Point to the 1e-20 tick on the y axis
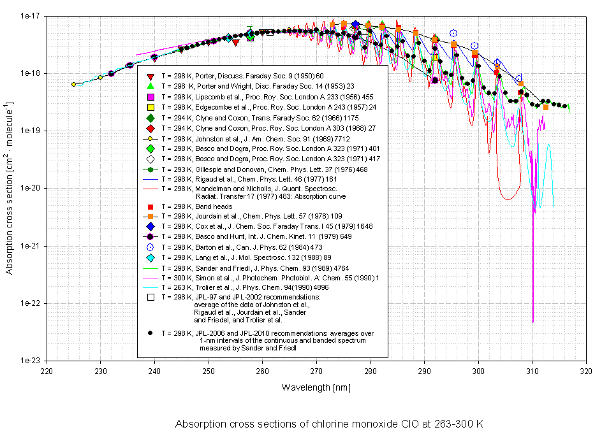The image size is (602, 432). point(29,189)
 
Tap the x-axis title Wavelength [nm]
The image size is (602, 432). point(316,387)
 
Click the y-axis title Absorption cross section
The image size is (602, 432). point(9,189)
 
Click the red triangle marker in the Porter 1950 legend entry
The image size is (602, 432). point(150,76)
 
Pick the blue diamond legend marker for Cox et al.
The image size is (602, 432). point(150,226)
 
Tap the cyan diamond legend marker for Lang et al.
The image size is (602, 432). point(150,257)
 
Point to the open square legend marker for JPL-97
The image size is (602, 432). point(150,297)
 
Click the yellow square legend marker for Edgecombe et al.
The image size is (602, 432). point(150,107)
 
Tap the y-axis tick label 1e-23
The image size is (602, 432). point(29,361)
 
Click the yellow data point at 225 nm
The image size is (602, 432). point(74,84)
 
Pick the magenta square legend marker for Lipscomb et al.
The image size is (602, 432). point(150,97)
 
